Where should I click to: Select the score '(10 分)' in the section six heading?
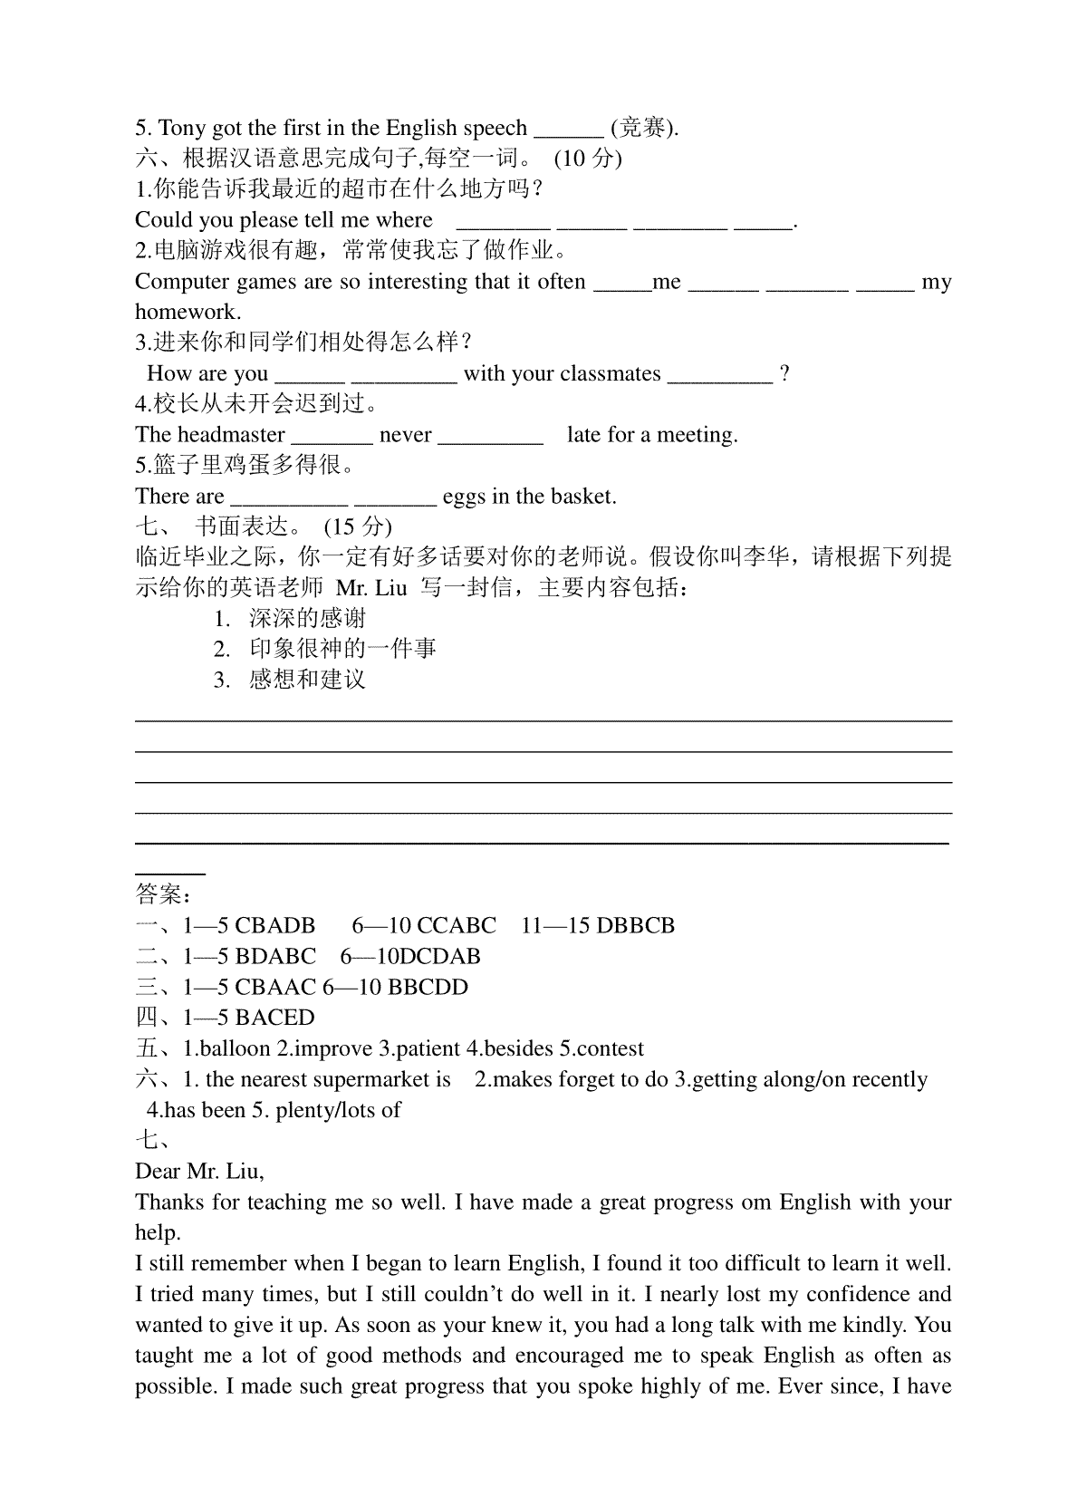point(588,159)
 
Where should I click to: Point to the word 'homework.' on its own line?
point(188,313)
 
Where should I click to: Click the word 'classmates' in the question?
point(611,373)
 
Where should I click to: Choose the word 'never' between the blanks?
point(405,435)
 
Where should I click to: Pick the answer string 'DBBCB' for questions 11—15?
point(636,926)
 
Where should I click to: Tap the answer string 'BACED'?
point(274,1018)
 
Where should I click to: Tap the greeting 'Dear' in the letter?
point(159,1172)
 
